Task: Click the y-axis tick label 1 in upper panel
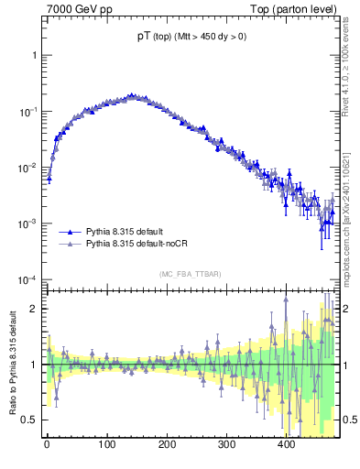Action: tap(35, 55)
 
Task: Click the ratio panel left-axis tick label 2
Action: tap(35, 309)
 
